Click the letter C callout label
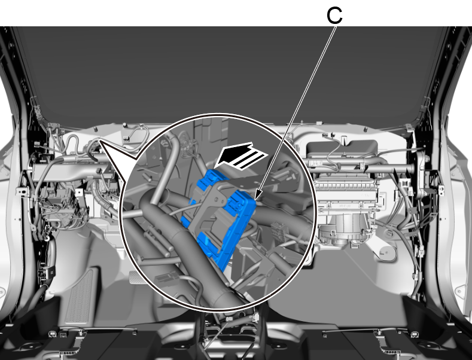point(334,16)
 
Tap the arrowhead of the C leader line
point(256,197)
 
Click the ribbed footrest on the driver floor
point(79,296)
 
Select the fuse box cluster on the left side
point(63,208)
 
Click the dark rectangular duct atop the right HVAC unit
point(342,148)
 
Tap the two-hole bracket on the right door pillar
point(441,190)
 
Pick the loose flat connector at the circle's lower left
point(166,277)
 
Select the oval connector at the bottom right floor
point(414,334)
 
